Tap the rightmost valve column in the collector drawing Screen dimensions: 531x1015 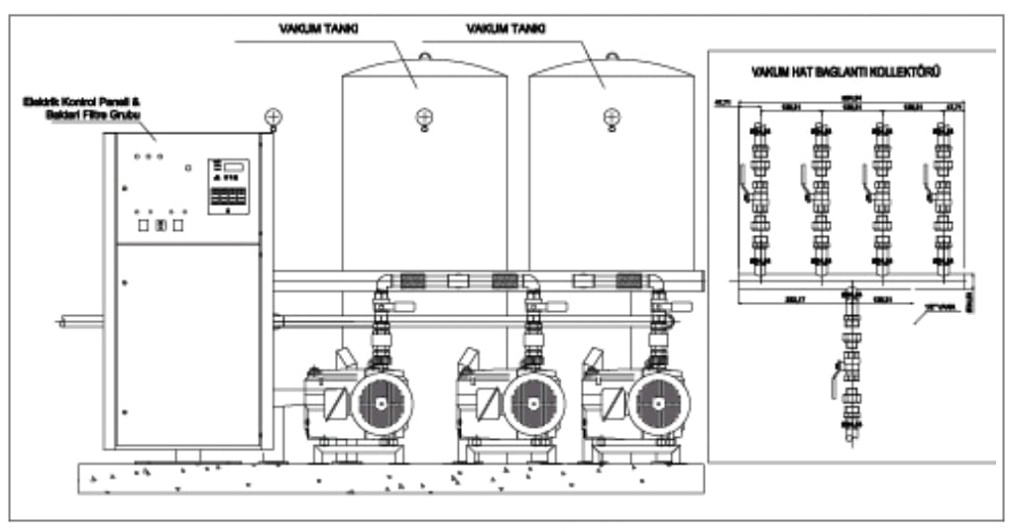(940, 193)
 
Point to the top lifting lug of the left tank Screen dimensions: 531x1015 (424, 55)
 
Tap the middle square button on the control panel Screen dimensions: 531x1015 (161, 226)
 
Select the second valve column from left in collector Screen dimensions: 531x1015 (819, 193)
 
